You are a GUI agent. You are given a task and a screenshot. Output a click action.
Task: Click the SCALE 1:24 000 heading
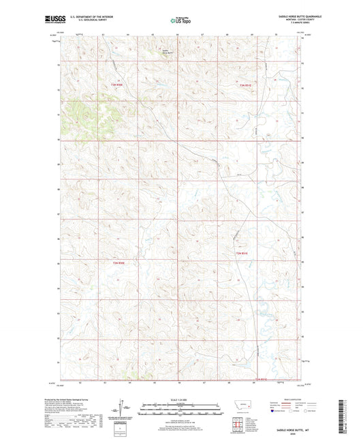(x=181, y=399)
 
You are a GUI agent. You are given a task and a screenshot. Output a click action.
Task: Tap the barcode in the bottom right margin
(x=349, y=420)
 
